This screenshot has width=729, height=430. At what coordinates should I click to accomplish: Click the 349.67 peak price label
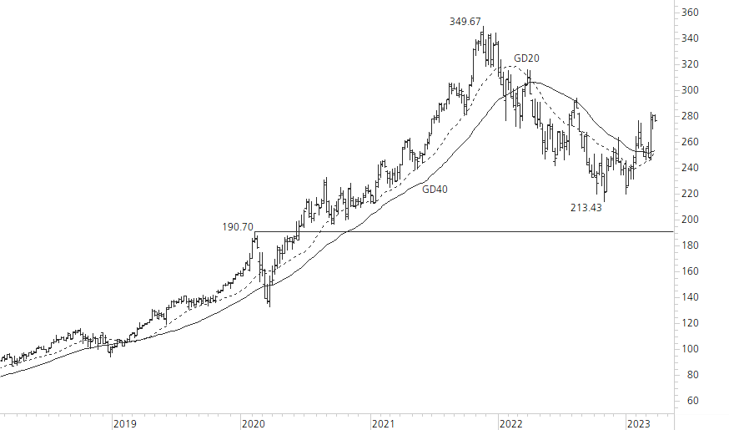[465, 22]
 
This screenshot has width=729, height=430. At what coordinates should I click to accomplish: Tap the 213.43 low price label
[586, 208]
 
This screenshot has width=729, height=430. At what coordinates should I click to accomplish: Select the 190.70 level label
[237, 226]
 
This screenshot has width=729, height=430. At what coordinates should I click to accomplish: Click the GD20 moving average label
[526, 58]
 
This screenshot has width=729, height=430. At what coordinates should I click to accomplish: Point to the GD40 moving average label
[435, 190]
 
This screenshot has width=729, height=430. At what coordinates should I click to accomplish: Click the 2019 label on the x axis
[124, 423]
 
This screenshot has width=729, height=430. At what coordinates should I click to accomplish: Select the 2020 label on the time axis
[254, 423]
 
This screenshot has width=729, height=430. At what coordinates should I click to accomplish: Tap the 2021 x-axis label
[382, 423]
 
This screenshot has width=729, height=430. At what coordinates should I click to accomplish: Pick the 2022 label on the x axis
[510, 423]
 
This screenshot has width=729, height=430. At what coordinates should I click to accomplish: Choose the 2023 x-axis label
[640, 423]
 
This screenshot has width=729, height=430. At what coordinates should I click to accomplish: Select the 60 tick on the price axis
[690, 401]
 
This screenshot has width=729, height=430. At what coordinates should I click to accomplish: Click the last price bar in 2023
[656, 119]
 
